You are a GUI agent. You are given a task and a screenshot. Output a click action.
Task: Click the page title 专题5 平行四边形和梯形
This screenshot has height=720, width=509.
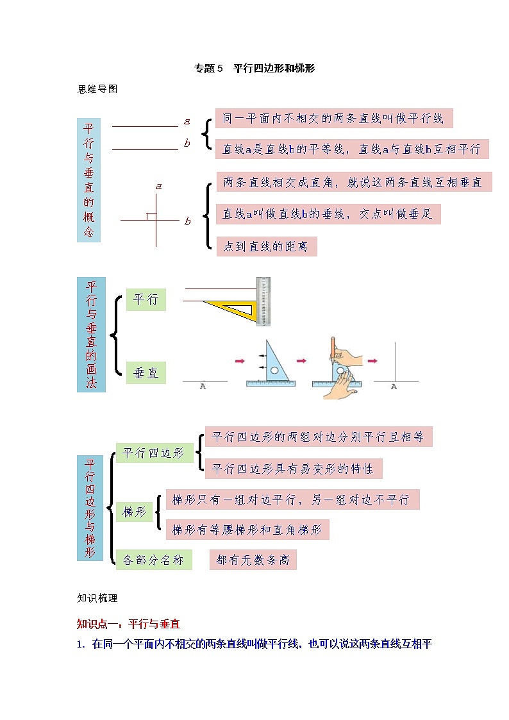pyautogui.click(x=254, y=68)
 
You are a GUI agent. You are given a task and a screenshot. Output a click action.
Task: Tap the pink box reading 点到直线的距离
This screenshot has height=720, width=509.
pyautogui.click(x=266, y=247)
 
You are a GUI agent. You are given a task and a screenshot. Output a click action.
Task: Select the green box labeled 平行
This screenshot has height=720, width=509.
pyautogui.click(x=146, y=300)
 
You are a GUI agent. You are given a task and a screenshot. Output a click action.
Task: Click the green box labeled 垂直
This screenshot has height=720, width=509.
pyautogui.click(x=146, y=373)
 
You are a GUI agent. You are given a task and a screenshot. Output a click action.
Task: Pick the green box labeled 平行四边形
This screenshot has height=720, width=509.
pyautogui.click(x=154, y=453)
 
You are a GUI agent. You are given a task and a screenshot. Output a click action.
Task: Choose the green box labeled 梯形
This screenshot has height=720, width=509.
pyautogui.click(x=134, y=512)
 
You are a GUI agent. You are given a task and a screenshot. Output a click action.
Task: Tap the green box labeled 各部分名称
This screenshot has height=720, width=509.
pyautogui.click(x=154, y=560)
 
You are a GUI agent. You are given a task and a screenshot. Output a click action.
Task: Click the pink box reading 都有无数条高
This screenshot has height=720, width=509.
pyautogui.click(x=253, y=560)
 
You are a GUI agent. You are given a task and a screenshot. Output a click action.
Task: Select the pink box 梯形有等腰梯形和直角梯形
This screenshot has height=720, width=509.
pyautogui.click(x=247, y=530)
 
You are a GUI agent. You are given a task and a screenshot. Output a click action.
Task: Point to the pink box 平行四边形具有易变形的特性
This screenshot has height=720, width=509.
pyautogui.click(x=293, y=469)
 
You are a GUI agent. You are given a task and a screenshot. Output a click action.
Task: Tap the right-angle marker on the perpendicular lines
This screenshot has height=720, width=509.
pyautogui.click(x=151, y=216)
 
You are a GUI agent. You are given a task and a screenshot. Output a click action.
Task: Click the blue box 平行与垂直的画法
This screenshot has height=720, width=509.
pyautogui.click(x=91, y=334)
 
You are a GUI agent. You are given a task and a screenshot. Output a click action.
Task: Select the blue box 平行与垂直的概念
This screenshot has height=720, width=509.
pyautogui.click(x=88, y=180)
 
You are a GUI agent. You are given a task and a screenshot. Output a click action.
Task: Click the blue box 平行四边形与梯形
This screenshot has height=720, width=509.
pyautogui.click(x=90, y=508)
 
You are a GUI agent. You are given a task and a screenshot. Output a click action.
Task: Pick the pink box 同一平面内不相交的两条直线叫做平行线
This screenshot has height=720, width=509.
pyautogui.click(x=333, y=119)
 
